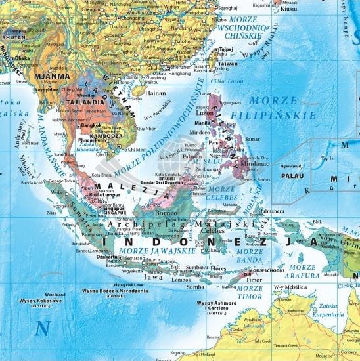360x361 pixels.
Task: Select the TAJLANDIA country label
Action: coord(65,102)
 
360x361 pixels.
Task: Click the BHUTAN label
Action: coord(12,39)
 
